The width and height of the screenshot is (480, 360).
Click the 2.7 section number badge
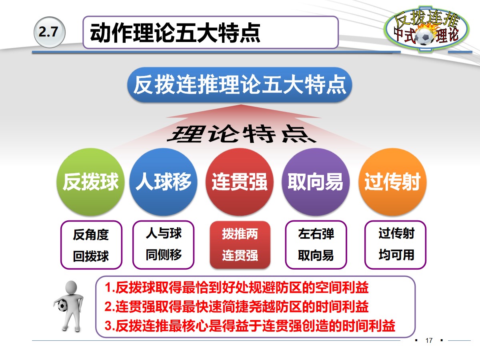click(49, 32)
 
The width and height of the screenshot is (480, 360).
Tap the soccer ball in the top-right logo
click(424, 37)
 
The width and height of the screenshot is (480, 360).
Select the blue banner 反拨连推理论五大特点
click(239, 85)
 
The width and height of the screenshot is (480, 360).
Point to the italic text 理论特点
click(242, 134)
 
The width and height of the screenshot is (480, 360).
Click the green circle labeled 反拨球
click(91, 182)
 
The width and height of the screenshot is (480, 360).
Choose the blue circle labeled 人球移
click(164, 182)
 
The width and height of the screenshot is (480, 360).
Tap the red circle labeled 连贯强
click(239, 182)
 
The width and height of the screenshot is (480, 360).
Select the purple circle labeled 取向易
click(315, 182)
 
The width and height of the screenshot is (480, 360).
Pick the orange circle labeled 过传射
click(392, 182)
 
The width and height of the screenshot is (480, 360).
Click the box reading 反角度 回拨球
click(91, 245)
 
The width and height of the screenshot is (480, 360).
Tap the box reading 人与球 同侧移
click(163, 244)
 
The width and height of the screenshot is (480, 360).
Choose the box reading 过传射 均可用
click(396, 244)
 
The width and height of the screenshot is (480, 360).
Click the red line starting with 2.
click(236, 307)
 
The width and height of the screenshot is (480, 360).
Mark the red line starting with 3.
click(250, 326)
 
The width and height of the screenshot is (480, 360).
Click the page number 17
click(429, 341)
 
